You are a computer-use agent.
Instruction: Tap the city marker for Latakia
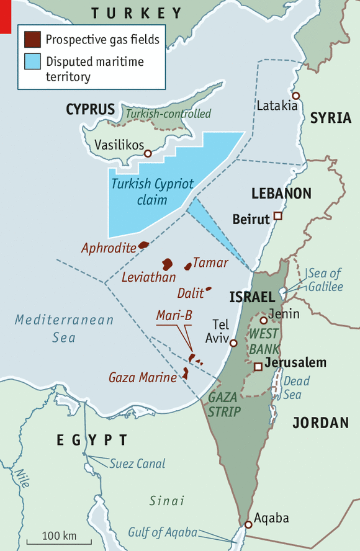tap(297, 96)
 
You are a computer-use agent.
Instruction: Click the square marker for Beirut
tap(278, 217)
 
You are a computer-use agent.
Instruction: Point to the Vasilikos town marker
tap(148, 153)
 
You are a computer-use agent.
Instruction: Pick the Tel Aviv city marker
tap(233, 343)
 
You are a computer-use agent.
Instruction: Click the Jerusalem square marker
tap(258, 367)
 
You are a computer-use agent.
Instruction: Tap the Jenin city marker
tap(264, 321)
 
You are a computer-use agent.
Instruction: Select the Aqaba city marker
tap(248, 524)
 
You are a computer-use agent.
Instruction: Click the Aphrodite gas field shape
tap(143, 246)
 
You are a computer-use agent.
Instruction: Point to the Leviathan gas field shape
tap(167, 264)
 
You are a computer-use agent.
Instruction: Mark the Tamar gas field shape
tap(188, 266)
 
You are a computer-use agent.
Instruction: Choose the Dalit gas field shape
tap(209, 289)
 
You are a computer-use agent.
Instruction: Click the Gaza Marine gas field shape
tap(185, 373)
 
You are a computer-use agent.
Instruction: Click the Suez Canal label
tap(137, 464)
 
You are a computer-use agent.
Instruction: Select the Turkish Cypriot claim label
tap(143, 192)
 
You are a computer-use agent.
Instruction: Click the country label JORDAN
tap(320, 423)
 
